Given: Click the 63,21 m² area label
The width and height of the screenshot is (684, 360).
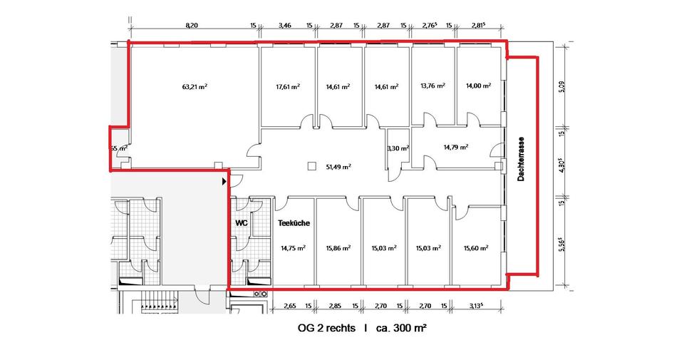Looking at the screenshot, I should pos(195,86).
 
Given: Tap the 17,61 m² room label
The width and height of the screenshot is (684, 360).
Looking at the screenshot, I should pos(287,86).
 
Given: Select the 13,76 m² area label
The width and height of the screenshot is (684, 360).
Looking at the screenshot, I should pos(433,86).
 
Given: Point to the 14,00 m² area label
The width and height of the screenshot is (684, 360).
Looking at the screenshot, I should pos(478,86).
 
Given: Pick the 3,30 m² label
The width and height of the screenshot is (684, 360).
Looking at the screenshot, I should pos(398,148).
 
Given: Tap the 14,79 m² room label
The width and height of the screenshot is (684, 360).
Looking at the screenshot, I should pos(455,148).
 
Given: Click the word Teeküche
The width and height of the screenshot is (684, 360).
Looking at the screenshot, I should pos(293,223).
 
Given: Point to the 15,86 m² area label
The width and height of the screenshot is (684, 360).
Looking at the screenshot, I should pos(338,249).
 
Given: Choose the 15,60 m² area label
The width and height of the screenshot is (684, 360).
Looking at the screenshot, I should pos(475,249).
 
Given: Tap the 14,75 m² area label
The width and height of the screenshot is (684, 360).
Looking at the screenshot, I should pos(293,249).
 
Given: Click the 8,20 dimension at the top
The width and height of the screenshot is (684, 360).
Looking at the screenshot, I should pos(192,26).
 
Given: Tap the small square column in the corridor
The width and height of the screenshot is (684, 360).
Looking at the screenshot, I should pos(311,166).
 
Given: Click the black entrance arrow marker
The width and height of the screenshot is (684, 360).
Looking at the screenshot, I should pos(224,182).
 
